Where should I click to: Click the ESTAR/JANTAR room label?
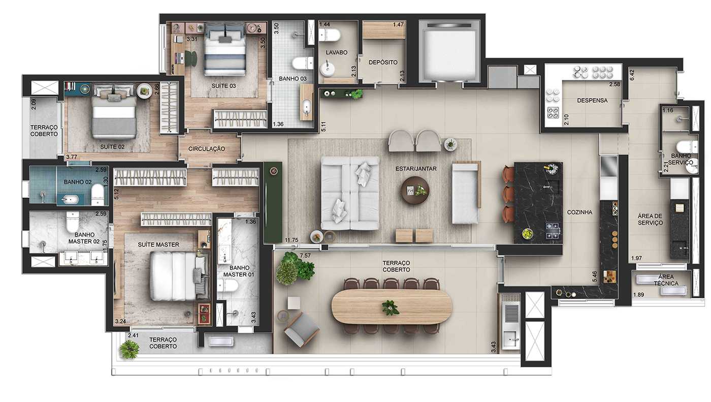(416, 168)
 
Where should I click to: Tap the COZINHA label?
(580, 212)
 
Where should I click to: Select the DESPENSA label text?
(592, 101)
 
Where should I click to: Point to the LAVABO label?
(337, 52)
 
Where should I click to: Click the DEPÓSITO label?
(383, 62)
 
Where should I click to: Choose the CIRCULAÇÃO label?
(207, 149)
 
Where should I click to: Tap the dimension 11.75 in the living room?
(292, 240)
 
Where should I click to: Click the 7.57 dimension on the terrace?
(305, 255)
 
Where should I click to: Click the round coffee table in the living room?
(415, 190)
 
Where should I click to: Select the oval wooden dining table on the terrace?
(392, 306)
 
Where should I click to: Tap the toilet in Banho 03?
(303, 63)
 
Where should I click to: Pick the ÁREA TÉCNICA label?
(666, 280)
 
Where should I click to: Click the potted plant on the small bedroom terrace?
(130, 349)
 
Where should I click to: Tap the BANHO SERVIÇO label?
(682, 159)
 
